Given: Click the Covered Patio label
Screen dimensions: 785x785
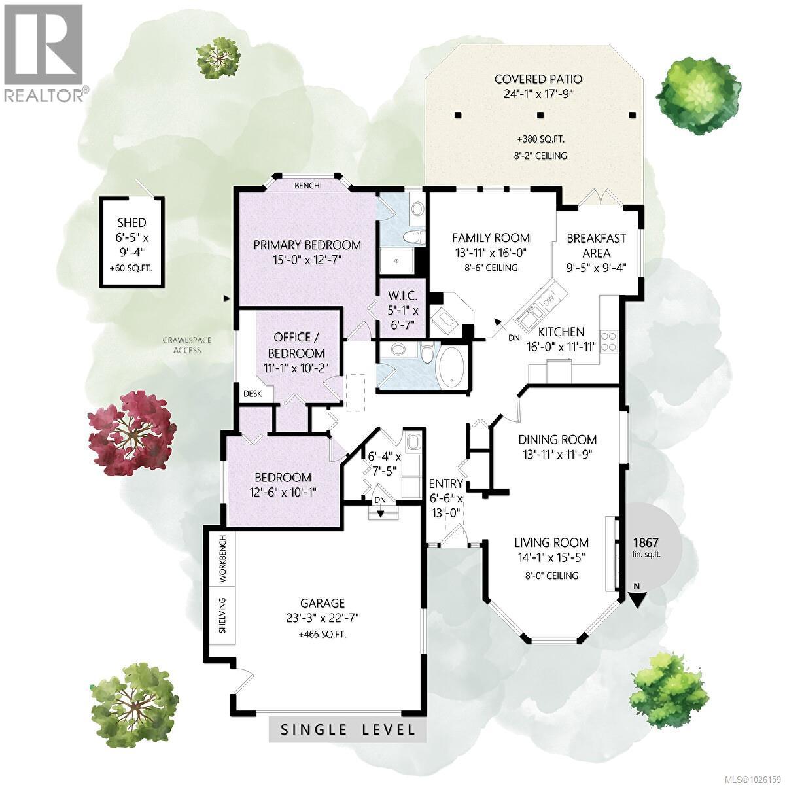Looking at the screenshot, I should tap(538, 79).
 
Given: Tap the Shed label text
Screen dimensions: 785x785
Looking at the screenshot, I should tap(132, 222).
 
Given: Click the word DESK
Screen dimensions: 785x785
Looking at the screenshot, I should tap(253, 394).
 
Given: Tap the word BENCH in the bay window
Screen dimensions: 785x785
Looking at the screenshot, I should tap(307, 186).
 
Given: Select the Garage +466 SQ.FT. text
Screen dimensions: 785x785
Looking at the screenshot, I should tap(322, 635).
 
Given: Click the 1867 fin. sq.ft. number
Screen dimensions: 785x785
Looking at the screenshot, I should tap(646, 542).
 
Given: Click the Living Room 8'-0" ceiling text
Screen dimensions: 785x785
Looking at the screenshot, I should tap(551, 576).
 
